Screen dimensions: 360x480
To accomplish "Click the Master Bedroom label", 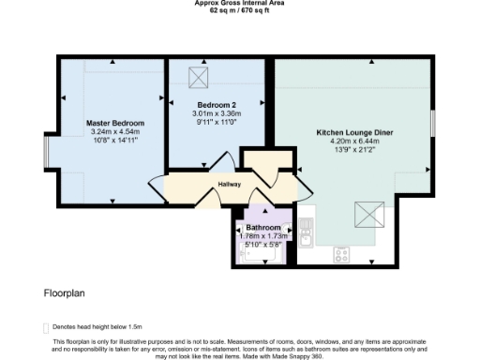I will coord(116,123).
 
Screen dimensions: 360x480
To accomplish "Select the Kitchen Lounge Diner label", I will coord(353,132).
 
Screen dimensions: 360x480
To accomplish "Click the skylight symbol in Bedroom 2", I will coord(198,76).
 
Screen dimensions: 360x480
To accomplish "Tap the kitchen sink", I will coord(307,231).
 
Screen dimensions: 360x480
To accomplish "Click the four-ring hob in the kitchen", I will coord(342,254).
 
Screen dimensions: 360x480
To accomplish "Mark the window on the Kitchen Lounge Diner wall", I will coord(433,121).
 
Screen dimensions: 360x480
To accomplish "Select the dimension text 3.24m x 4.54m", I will coord(116,132).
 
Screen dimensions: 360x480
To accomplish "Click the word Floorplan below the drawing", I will coord(65,292).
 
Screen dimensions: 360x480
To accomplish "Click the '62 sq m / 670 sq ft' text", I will coord(240,9).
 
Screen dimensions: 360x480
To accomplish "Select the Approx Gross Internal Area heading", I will coord(240,3).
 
